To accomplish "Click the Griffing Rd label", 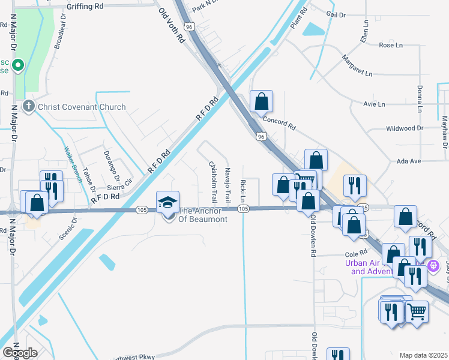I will coord(86,6).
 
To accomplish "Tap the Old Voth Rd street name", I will coord(172,25).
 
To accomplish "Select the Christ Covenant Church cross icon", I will coord(28,107).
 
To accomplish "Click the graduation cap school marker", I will coord(168,202).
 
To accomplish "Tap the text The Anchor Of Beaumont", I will coord(203,215).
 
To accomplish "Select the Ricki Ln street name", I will coord(243,190).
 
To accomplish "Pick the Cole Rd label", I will coord(355,254).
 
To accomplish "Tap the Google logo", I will coord(20,352).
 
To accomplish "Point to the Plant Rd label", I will coord(298,19).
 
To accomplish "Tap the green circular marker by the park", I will coord(19,65).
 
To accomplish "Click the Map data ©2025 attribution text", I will coord(423,355).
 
